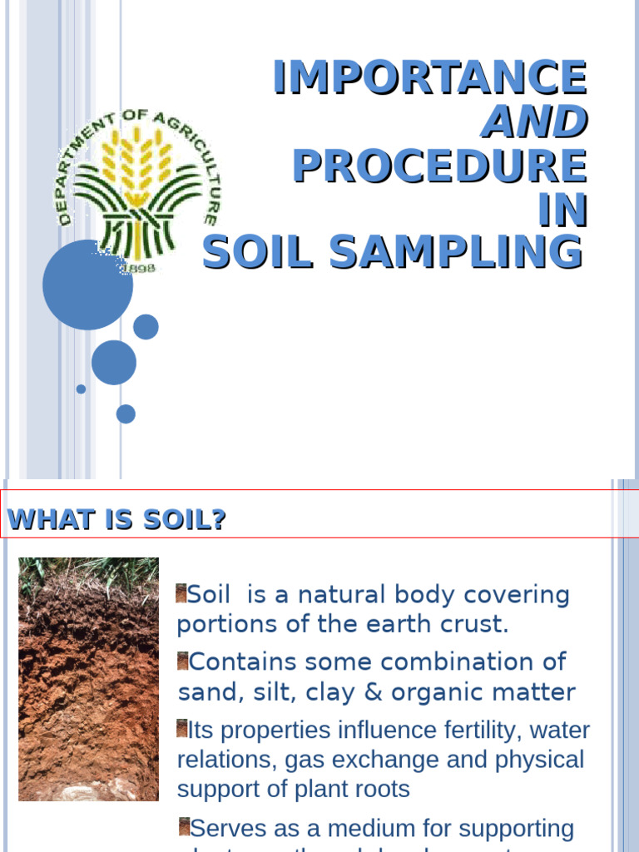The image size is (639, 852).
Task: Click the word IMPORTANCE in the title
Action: pyautogui.click(x=429, y=77)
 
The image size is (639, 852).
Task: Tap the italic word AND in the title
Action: pyautogui.click(x=534, y=122)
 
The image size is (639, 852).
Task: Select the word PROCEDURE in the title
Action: pyautogui.click(x=438, y=166)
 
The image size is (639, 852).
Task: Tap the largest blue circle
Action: pyautogui.click(x=87, y=285)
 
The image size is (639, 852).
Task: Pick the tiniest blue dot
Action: pyautogui.click(x=81, y=389)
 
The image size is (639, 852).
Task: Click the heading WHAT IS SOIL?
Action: pyautogui.click(x=116, y=520)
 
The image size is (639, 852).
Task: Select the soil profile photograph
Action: pyautogui.click(x=88, y=678)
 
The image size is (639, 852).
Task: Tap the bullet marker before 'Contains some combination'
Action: pyautogui.click(x=182, y=661)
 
